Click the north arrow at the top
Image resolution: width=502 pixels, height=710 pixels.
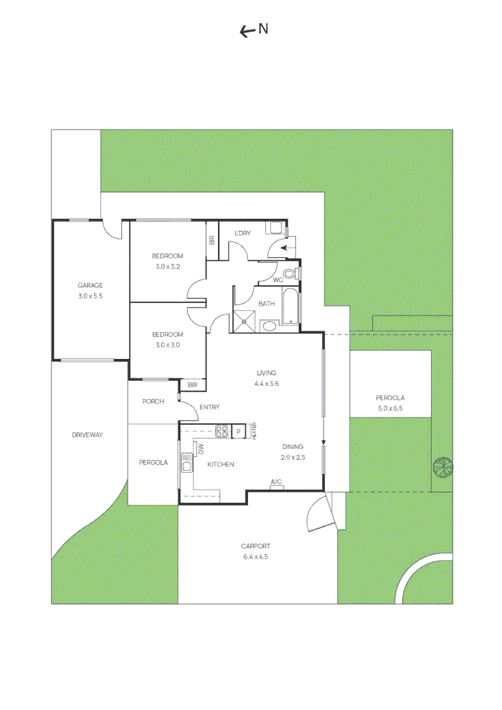click(x=247, y=32)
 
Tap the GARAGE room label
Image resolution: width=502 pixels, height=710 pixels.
click(x=90, y=285)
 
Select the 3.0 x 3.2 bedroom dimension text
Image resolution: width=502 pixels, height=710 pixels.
click(x=168, y=267)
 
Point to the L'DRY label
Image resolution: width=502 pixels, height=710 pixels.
click(x=242, y=233)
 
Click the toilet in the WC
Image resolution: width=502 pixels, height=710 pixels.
click(x=289, y=273)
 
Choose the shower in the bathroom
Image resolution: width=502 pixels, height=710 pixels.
click(x=244, y=321)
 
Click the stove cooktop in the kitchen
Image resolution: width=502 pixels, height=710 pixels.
click(x=222, y=431)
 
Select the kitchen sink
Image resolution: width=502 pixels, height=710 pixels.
click(x=187, y=463)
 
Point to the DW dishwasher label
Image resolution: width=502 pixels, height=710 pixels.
click(x=201, y=449)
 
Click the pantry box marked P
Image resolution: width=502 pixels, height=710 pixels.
click(x=238, y=432)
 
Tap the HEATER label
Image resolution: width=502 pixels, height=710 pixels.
click(x=254, y=431)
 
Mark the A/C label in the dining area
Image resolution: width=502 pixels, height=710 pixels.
click(x=276, y=482)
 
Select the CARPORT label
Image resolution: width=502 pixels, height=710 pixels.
click(x=255, y=546)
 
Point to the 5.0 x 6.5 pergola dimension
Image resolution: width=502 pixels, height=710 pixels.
click(x=390, y=408)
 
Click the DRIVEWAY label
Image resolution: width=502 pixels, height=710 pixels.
click(x=88, y=435)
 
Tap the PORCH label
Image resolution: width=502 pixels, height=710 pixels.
click(x=153, y=401)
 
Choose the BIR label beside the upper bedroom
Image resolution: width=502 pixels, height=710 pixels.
click(x=212, y=241)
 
